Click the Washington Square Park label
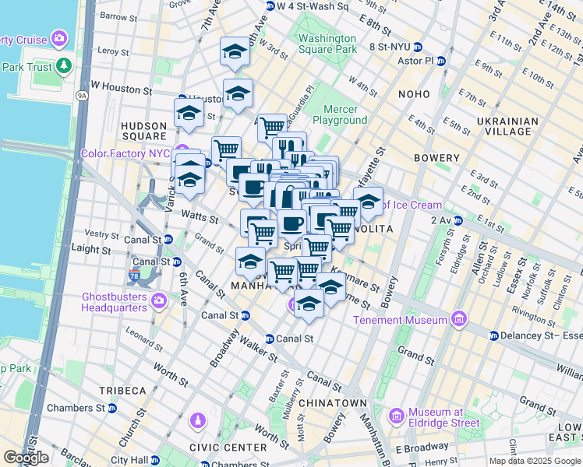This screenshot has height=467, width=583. (327, 44)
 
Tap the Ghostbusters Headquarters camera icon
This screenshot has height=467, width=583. (159, 300)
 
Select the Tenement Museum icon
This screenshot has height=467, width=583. (458, 319)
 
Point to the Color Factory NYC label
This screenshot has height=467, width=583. (125, 153)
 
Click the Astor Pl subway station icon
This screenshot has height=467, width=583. (440, 60)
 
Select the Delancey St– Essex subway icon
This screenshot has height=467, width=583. (494, 335)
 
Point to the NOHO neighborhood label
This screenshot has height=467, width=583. (414, 94)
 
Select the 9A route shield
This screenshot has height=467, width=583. (83, 96)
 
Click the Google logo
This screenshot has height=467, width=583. (26, 457)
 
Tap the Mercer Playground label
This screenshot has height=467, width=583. (340, 115)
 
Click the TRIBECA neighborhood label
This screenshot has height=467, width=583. (122, 390)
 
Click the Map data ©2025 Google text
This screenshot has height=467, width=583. (534, 461)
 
